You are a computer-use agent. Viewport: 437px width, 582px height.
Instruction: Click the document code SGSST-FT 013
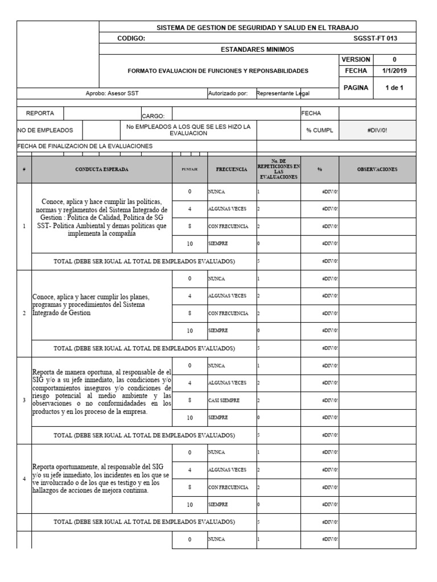pyautogui.click(x=376, y=38)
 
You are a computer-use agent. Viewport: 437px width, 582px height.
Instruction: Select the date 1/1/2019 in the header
pyautogui.click(x=395, y=71)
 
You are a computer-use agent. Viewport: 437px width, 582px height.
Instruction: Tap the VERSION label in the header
pyautogui.click(x=356, y=60)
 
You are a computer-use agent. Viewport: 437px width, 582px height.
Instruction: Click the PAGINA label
pyautogui.click(x=356, y=88)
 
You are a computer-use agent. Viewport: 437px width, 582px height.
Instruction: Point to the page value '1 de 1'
pyautogui.click(x=395, y=88)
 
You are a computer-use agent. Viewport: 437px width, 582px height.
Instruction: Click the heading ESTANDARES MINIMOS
pyautogui.click(x=257, y=49)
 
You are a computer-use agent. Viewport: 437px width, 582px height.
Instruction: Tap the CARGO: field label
pyautogui.click(x=153, y=115)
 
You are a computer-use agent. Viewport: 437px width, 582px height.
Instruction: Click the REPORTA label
pyautogui.click(x=40, y=114)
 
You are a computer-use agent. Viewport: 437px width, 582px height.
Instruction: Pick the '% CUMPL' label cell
pyautogui.click(x=320, y=130)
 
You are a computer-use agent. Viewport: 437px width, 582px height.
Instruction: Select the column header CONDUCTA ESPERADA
pyautogui.click(x=102, y=169)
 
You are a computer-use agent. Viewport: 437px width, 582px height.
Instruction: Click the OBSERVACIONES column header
pyautogui.click(x=377, y=169)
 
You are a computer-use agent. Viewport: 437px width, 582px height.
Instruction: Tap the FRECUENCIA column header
pyautogui.click(x=232, y=169)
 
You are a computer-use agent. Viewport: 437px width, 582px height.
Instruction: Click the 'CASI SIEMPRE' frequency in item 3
pyautogui.click(x=224, y=400)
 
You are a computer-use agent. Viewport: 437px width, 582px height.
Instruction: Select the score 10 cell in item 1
pyautogui.click(x=189, y=244)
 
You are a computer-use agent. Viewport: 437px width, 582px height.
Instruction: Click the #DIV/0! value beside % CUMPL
pyautogui.click(x=377, y=130)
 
